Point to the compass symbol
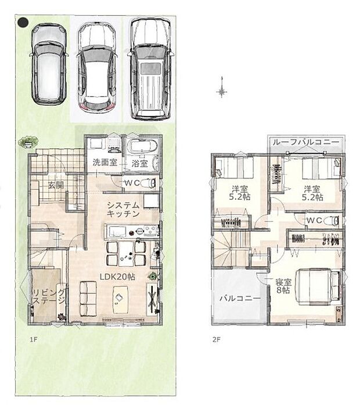pos(221,91)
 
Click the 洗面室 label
pos(105,163)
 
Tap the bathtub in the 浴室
pos(141,149)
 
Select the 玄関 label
pos(56,185)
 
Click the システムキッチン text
pos(123,209)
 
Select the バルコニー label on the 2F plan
pos(239,298)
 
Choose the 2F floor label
pos(217,338)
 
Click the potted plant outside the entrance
pos(27,141)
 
